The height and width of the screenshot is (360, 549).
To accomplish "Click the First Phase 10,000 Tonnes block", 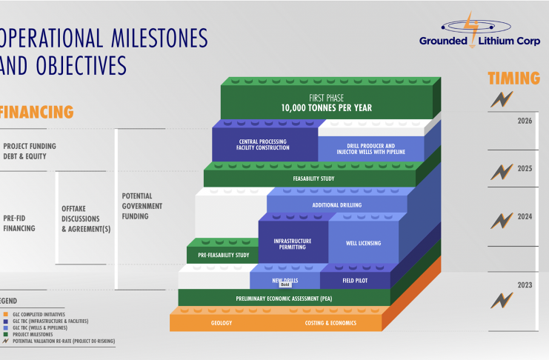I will (x=326, y=103).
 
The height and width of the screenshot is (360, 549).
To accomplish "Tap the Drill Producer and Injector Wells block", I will (x=370, y=147).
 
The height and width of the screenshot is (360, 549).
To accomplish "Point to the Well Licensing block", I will (x=363, y=243).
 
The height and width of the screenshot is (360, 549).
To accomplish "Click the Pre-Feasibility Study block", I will (x=223, y=256).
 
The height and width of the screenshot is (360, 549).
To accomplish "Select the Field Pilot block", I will (x=354, y=281).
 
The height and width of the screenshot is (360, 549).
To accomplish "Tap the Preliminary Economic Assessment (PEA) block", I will (x=284, y=299).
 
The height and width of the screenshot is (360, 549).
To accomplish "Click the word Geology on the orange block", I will (x=222, y=323).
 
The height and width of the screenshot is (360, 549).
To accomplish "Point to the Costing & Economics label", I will (x=330, y=323).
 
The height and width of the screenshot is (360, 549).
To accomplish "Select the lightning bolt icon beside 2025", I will (x=502, y=173).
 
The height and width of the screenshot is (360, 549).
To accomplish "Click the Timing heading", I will (x=512, y=79).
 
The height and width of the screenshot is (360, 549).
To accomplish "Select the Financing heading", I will (x=37, y=112).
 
